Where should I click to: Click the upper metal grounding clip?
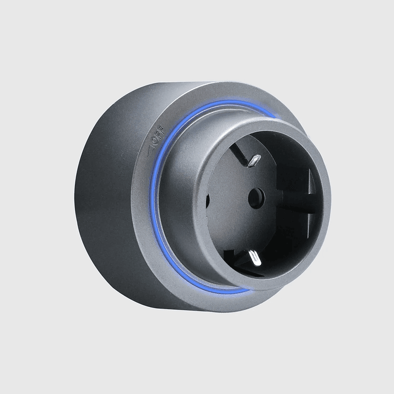coord(253,161)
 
